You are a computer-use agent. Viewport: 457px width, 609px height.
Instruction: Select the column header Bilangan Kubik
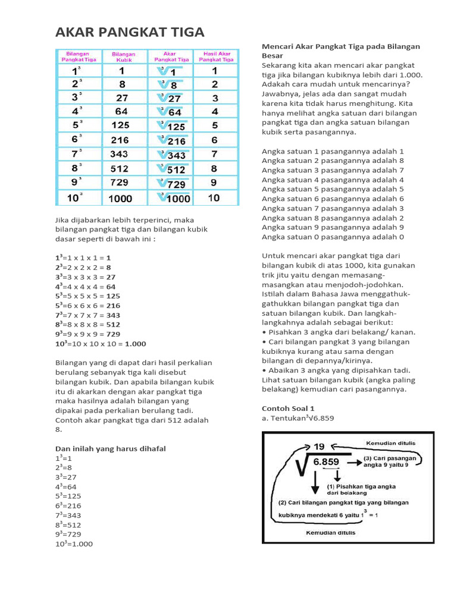pyautogui.click(x=123, y=56)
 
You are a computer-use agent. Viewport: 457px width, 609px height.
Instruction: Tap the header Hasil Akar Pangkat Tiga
pyautogui.click(x=215, y=56)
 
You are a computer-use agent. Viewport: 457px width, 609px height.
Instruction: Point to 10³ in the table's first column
pyautogui.click(x=74, y=199)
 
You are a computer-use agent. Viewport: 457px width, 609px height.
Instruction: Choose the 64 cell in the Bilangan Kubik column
pyautogui.click(x=121, y=111)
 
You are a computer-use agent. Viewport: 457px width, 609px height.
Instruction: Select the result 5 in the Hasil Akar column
pyautogui.click(x=215, y=126)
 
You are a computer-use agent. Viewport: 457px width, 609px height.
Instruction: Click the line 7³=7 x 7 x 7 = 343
pyautogui.click(x=87, y=315)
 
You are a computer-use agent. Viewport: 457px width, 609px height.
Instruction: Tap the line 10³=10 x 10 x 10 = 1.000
pyautogui.click(x=101, y=344)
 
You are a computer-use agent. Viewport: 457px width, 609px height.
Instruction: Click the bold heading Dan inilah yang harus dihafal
pyautogui.click(x=110, y=448)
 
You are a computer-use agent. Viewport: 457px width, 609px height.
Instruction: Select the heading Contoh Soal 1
pyautogui.click(x=288, y=409)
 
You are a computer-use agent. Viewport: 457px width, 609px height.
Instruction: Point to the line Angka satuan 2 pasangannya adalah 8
pyautogui.click(x=333, y=161)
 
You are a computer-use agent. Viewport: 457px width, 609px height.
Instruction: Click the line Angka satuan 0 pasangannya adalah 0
pyautogui.click(x=333, y=237)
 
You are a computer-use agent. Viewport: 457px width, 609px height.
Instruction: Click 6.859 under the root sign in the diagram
pyautogui.click(x=325, y=462)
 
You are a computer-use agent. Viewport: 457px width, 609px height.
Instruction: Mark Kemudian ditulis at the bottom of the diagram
pyautogui.click(x=330, y=533)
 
